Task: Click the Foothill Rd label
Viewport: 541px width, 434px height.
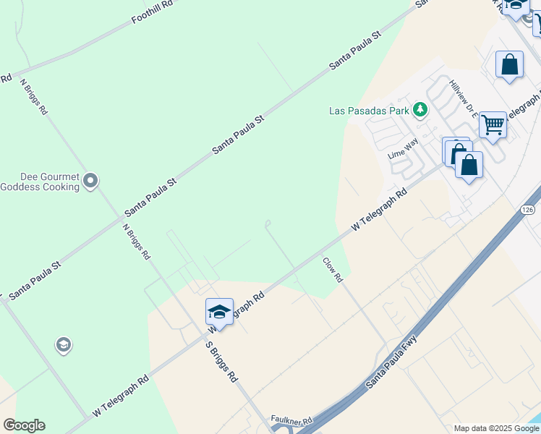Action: coord(153,13)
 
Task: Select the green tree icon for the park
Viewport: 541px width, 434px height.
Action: coord(419,110)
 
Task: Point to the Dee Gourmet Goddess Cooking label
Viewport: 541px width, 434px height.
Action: coord(39,181)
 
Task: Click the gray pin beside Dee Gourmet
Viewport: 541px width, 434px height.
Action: coord(90,181)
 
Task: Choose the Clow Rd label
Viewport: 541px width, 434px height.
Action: coord(331,269)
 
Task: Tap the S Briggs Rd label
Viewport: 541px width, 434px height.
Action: coord(221,361)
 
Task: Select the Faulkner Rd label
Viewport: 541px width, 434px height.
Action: coord(291,420)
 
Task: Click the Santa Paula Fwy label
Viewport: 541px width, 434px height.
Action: coord(391,362)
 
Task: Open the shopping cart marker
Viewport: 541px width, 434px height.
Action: coord(493,124)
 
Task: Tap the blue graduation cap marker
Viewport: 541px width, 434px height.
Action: coord(219,311)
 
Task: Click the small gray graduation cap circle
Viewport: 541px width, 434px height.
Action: coord(63,346)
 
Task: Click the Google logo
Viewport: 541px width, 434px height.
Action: coord(24,425)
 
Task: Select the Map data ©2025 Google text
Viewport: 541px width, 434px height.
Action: coord(495,428)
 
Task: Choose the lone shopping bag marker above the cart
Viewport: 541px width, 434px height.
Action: coord(510,64)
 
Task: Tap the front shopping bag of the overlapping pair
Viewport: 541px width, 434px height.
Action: coord(469,166)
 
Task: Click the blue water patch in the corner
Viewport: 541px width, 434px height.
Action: coord(536,420)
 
